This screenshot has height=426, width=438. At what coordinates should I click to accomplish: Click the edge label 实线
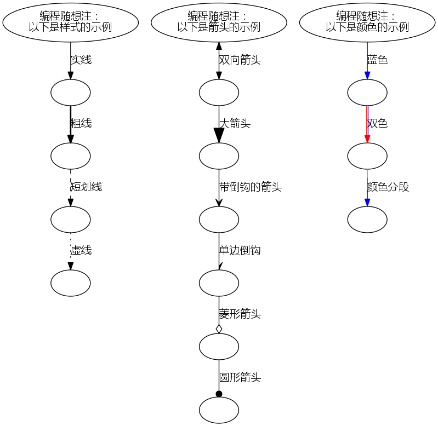pyautogui.click(x=81, y=60)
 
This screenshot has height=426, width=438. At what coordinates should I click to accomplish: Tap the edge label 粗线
pyautogui.click(x=81, y=124)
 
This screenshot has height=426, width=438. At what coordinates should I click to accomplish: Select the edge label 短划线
pyautogui.click(x=86, y=187)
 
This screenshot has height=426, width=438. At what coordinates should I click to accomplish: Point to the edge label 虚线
pyautogui.click(x=81, y=251)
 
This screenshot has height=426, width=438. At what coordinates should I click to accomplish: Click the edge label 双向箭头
pyautogui.click(x=240, y=60)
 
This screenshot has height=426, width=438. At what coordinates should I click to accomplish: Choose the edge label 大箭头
pyautogui.click(x=235, y=124)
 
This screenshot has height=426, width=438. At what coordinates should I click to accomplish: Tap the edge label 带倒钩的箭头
pyautogui.click(x=250, y=187)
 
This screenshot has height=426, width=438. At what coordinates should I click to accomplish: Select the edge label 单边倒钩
pyautogui.click(x=240, y=251)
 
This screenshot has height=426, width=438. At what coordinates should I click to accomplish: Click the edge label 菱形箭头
pyautogui.click(x=240, y=314)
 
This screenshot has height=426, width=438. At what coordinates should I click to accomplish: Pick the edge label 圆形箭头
pyautogui.click(x=240, y=378)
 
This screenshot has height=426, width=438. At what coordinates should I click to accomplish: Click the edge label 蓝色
pyautogui.click(x=378, y=60)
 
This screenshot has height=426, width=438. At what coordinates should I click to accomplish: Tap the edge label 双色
pyautogui.click(x=378, y=124)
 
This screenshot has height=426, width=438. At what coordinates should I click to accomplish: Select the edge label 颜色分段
pyautogui.click(x=388, y=187)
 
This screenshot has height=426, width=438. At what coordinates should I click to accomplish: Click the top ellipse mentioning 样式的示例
pyautogui.click(x=70, y=22)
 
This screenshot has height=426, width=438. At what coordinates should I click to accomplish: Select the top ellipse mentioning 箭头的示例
pyautogui.click(x=219, y=22)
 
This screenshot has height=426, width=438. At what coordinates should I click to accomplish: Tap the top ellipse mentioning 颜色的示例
pyautogui.click(x=367, y=22)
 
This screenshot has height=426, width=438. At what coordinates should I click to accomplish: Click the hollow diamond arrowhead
pyautogui.click(x=219, y=329)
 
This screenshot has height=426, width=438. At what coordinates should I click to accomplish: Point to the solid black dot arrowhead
pyautogui.click(x=219, y=394)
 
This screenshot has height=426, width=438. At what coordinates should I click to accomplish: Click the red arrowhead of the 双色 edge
pyautogui.click(x=367, y=138)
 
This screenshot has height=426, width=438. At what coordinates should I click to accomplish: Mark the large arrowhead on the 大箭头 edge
pyautogui.click(x=219, y=136)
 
